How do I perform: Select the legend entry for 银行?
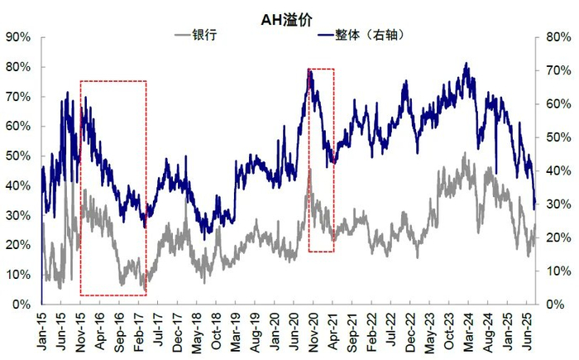tap(207, 36)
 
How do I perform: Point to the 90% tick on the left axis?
tap(17, 37)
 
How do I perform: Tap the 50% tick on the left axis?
tap(17, 156)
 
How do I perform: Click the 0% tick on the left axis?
tap(21, 305)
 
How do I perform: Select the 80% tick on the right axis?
tap(555, 37)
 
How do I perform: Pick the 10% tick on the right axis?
tap(555, 271)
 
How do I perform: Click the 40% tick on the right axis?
tap(555, 171)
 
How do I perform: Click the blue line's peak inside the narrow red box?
tap(310, 71)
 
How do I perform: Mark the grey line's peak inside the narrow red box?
tap(310, 170)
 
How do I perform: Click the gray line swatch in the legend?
tap(182, 36)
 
